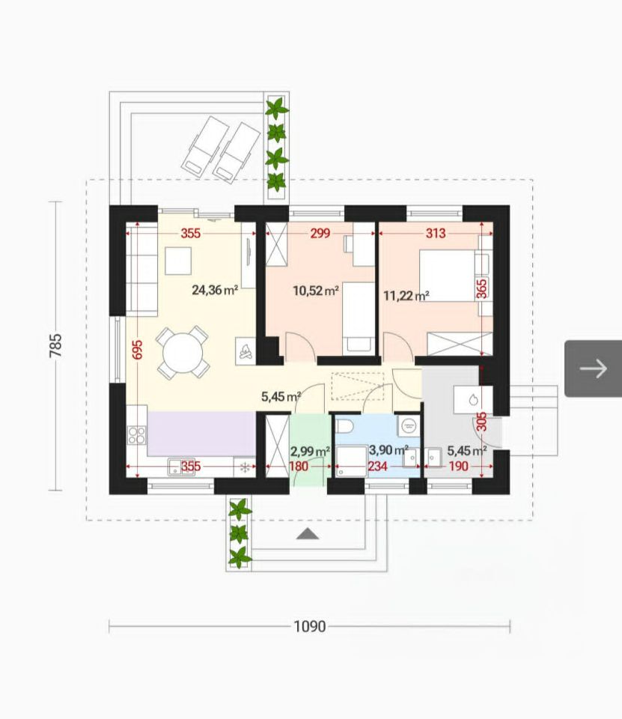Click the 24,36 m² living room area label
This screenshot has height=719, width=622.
pyautogui.click(x=215, y=290)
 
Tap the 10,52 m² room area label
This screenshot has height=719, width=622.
pyautogui.click(x=316, y=291)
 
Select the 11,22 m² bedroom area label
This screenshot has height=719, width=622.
pyautogui.click(x=406, y=295)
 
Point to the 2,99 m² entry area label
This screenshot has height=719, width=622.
pyautogui.click(x=311, y=452)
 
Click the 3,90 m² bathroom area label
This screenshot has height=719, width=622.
pyautogui.click(x=388, y=450)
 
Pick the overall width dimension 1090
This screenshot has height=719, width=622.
pyautogui.click(x=310, y=626)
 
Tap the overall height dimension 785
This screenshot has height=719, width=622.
pyautogui.click(x=55, y=346)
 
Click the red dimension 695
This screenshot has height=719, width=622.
pyautogui.click(x=137, y=350)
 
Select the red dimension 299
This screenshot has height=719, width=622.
pyautogui.click(x=320, y=234)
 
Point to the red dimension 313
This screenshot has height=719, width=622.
pyautogui.click(x=436, y=234)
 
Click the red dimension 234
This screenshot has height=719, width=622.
pyautogui.click(x=378, y=467)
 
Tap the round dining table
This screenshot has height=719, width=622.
pyautogui.click(x=183, y=352)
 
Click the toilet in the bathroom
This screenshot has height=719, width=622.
pyautogui.click(x=344, y=426)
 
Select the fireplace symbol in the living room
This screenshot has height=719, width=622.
pyautogui.click(x=246, y=351)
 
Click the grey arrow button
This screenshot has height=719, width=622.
pyautogui.click(x=593, y=368)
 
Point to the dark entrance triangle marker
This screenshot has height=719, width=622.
pyautogui.click(x=308, y=533)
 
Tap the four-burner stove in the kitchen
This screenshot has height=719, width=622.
pyautogui.click(x=136, y=435)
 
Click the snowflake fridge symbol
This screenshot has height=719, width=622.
pyautogui.click(x=245, y=467)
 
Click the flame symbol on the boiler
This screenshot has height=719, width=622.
pyautogui.click(x=474, y=399)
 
